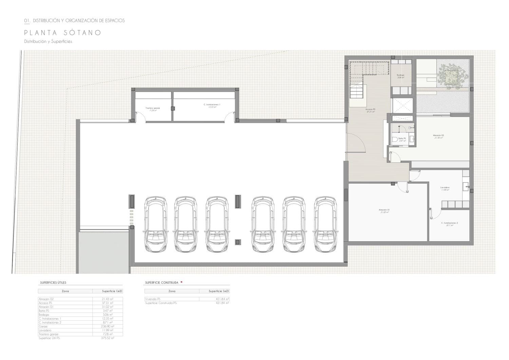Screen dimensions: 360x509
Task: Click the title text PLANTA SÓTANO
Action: [x=63, y=33]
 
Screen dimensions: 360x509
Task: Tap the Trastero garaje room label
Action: [x=152, y=109]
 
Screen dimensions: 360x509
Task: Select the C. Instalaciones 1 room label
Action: [x=212, y=106]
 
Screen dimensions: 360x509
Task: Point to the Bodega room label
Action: [x=400, y=76]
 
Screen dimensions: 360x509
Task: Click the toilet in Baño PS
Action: [x=394, y=139]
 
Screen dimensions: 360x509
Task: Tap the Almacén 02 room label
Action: [x=438, y=136]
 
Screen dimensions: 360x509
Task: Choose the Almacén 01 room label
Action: [x=384, y=211]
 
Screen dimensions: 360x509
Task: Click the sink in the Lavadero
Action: [x=466, y=186]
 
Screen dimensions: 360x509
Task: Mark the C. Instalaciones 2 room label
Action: [x=449, y=224]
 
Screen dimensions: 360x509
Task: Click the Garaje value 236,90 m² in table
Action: [x=108, y=326]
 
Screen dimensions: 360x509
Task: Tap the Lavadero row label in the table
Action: [x=45, y=330]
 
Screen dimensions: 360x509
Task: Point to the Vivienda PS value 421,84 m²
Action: [x=222, y=299]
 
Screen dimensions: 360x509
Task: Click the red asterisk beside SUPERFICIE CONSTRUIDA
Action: [x=182, y=282]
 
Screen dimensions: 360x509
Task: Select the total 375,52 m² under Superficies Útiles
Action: [x=108, y=338]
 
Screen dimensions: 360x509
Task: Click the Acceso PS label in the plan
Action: [x=370, y=110]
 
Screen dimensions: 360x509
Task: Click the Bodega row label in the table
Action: [x=44, y=315]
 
